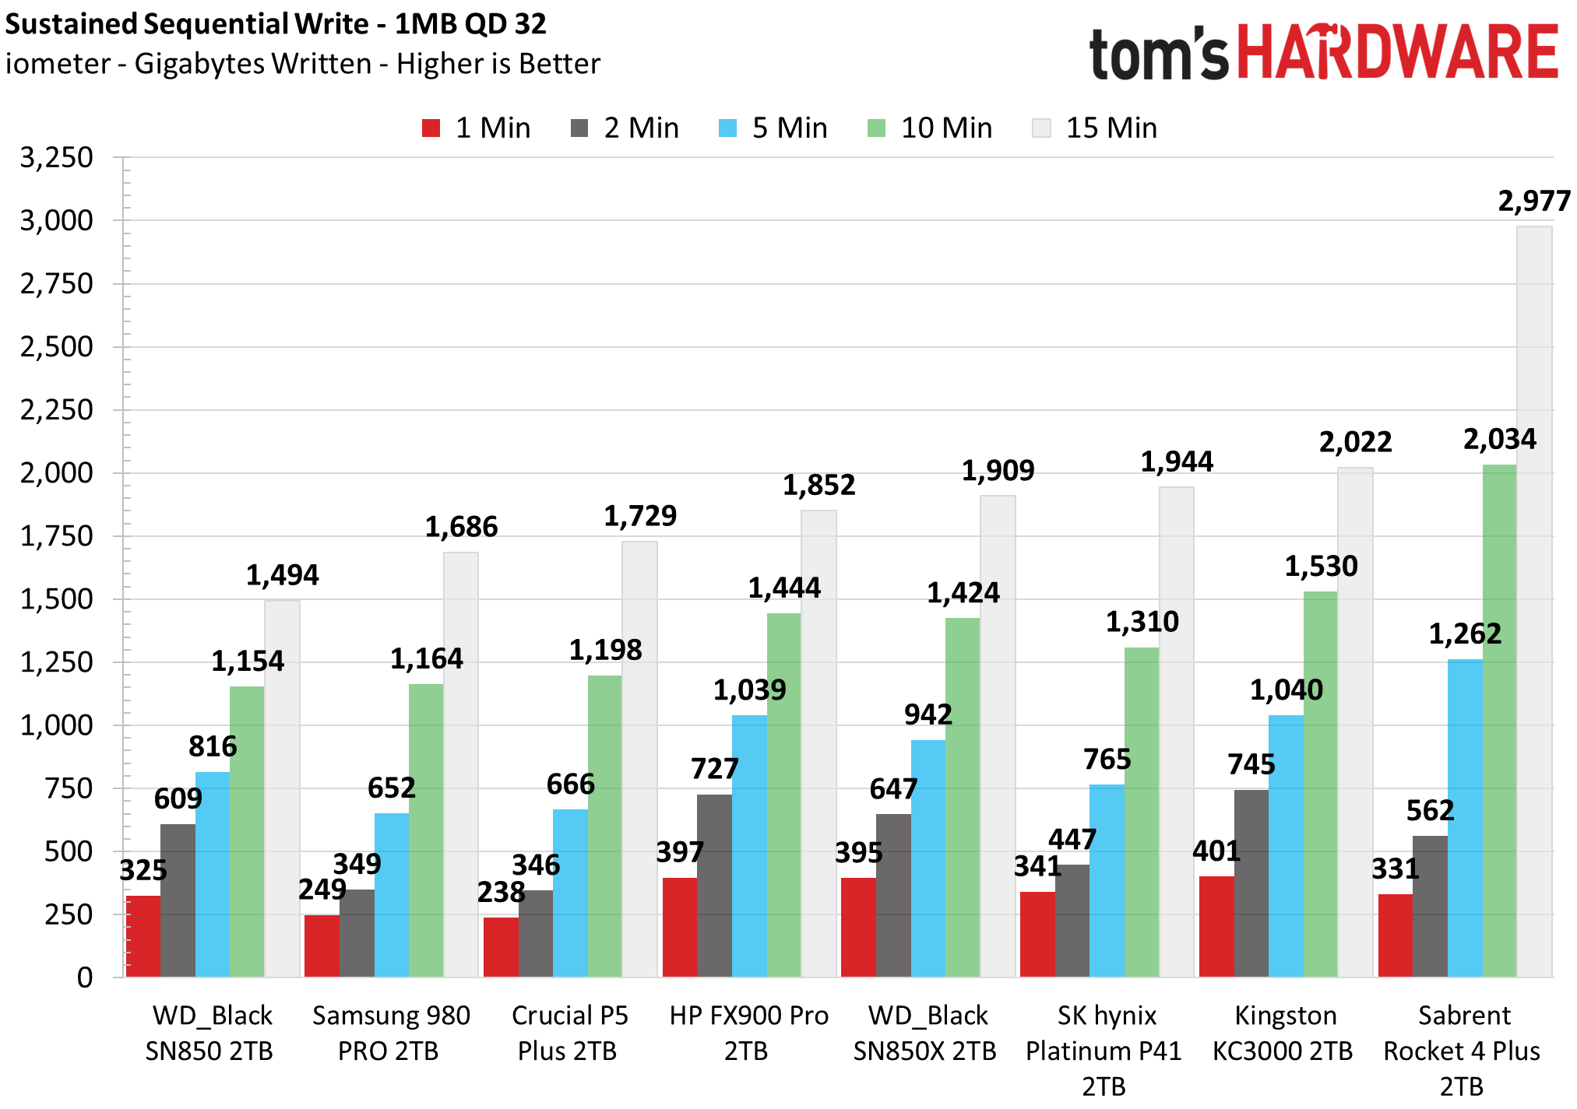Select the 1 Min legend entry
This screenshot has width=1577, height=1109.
(476, 128)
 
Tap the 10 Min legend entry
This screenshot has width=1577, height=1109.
(930, 128)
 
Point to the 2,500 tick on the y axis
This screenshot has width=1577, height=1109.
(57, 347)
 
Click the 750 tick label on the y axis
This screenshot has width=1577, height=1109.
(69, 788)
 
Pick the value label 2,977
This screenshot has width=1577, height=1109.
(1534, 202)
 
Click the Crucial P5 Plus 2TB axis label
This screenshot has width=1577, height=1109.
(568, 1034)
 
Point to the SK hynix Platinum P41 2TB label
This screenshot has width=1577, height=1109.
(1104, 1051)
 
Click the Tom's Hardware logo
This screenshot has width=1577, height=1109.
(1323, 52)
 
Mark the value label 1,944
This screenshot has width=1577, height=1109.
(1177, 462)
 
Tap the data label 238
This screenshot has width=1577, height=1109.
(501, 893)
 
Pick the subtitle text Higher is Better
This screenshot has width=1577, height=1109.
(498, 64)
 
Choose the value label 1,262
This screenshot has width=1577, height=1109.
(1465, 634)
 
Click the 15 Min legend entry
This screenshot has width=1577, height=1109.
(1095, 128)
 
